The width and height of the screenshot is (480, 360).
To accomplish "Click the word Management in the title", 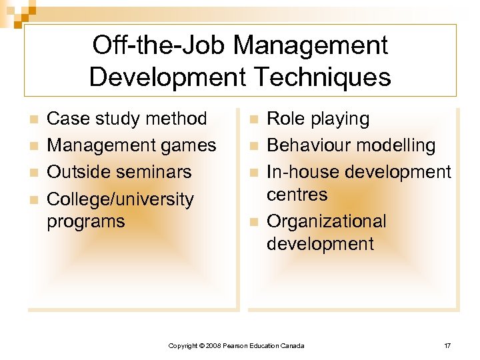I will pos(310,46).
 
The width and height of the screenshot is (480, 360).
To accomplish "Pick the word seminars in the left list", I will pos(152,172).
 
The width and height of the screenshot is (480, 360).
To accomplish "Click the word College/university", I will pos(120,199).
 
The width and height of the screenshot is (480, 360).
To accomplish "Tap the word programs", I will pos(86,221).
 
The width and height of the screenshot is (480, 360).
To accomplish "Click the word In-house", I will pos(297,172).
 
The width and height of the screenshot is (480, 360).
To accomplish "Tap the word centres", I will pos(297,195).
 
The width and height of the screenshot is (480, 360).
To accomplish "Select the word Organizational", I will pos(326,221).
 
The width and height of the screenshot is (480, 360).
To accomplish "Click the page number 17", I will pos(447,345).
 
